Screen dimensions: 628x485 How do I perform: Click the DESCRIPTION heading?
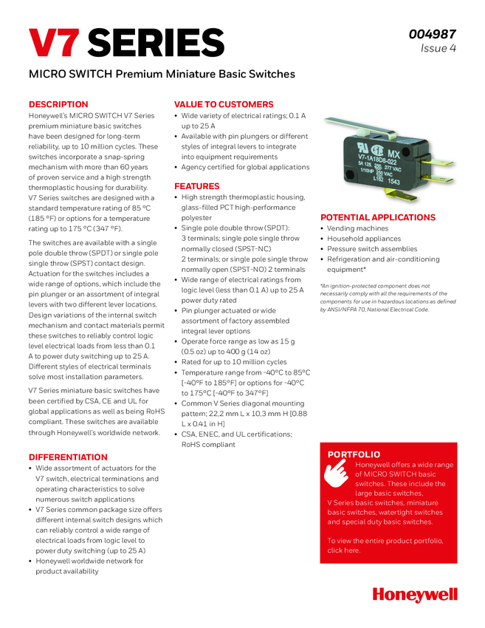(x=58, y=104)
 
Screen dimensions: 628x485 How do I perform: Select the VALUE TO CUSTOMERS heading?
(x=224, y=104)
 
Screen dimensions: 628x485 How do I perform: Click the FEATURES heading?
(x=197, y=186)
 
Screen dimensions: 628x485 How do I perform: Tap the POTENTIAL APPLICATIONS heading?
(x=378, y=217)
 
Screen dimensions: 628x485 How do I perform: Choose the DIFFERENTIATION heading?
(x=68, y=457)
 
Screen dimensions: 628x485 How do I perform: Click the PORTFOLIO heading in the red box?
(x=354, y=454)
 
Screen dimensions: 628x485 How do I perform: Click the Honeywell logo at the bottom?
(x=415, y=595)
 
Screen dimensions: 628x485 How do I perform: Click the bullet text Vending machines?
(x=358, y=228)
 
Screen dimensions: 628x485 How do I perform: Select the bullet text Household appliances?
(x=363, y=239)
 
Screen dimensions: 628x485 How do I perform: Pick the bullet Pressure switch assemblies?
(x=372, y=249)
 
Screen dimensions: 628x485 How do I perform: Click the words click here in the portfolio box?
(x=344, y=550)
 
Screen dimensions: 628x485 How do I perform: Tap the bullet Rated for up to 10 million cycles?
(x=234, y=362)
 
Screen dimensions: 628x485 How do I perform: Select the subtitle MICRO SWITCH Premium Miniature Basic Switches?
(x=162, y=75)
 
